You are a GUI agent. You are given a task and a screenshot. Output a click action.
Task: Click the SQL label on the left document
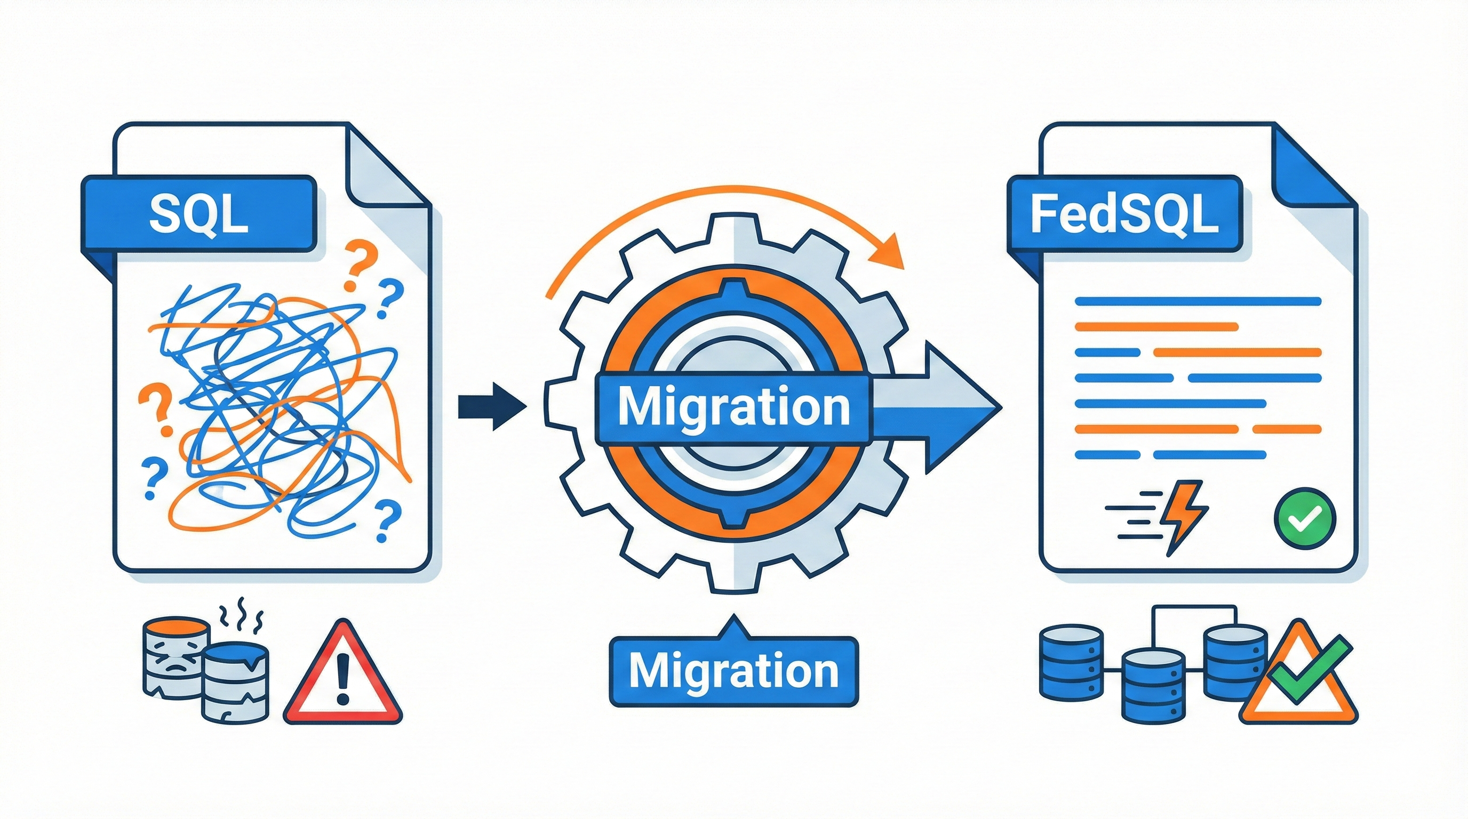pyautogui.click(x=198, y=214)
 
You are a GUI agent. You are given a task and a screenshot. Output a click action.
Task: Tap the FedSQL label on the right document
pyautogui.click(x=1124, y=214)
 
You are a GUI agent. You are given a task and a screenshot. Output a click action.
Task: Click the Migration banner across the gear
pyautogui.click(x=733, y=407)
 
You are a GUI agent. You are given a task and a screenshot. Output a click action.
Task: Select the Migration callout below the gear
pyautogui.click(x=733, y=671)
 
